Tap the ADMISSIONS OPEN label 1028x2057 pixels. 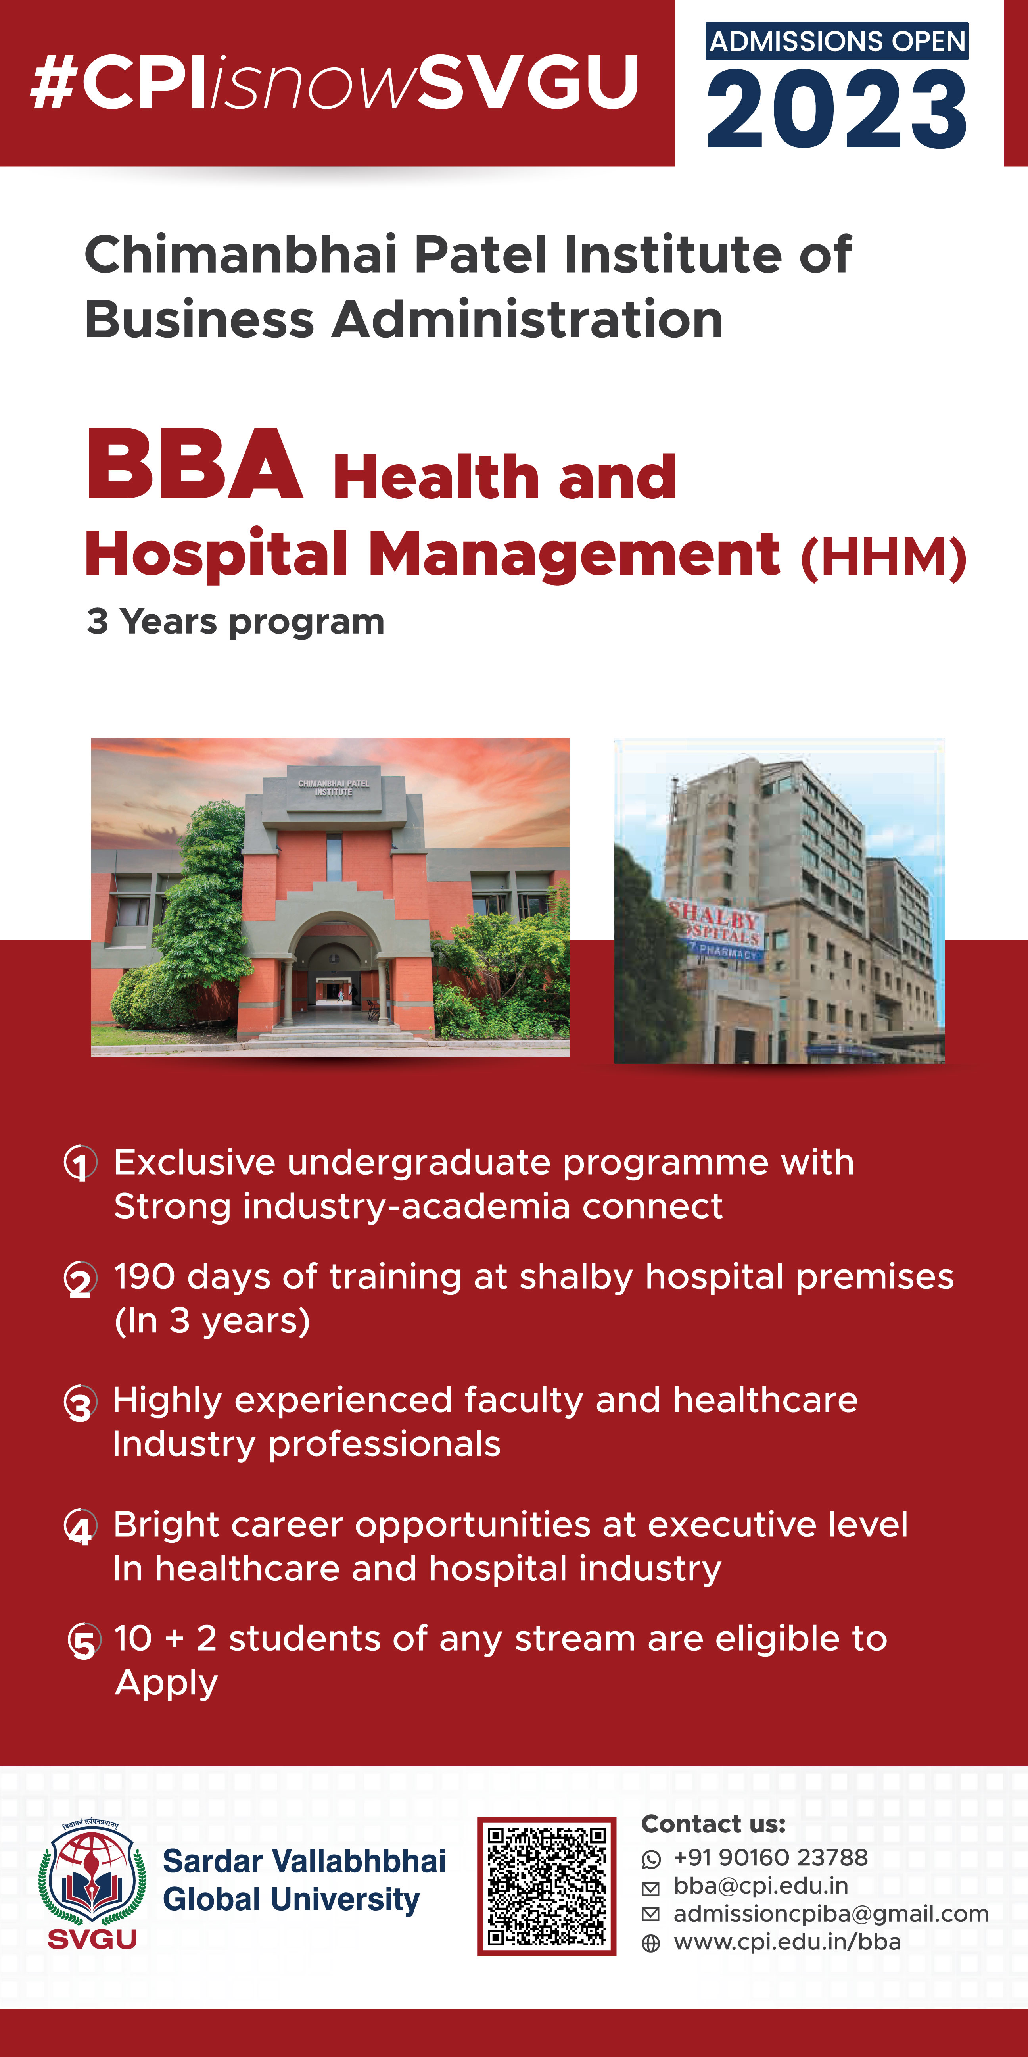[x=836, y=41]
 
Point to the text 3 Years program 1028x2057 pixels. [x=236, y=621]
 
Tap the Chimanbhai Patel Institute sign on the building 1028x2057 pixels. [x=334, y=787]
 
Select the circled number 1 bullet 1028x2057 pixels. [x=81, y=1163]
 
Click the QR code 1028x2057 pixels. [x=547, y=1885]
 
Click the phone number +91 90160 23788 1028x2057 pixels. [x=770, y=1857]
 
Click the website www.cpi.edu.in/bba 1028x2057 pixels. [x=787, y=1942]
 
